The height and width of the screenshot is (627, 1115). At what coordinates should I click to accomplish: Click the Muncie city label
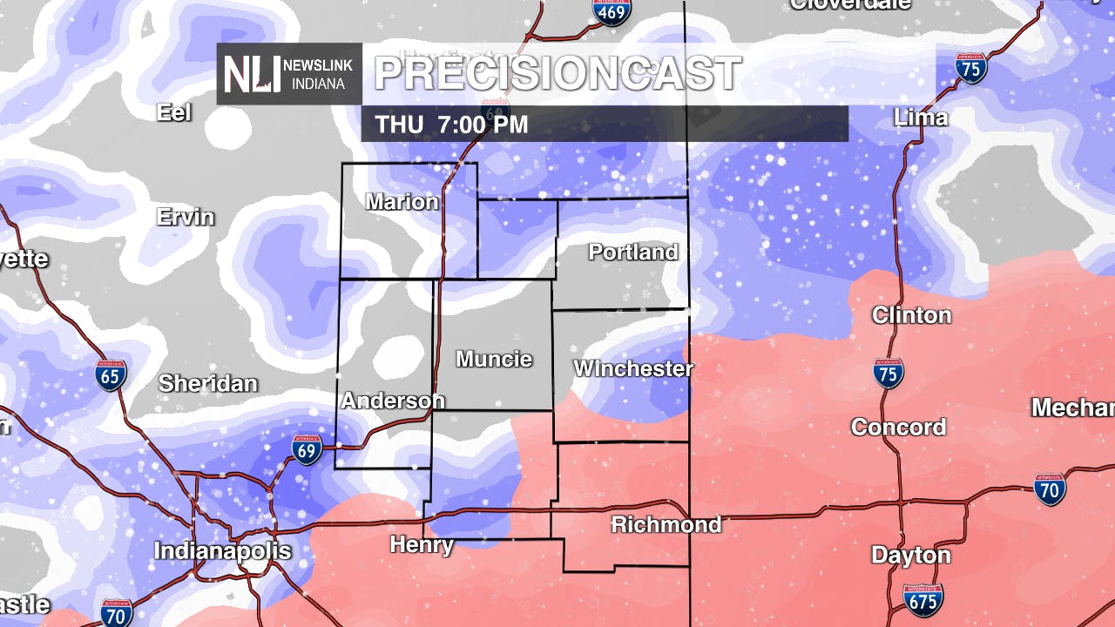(x=494, y=359)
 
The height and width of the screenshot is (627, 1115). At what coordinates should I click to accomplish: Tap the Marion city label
(x=402, y=202)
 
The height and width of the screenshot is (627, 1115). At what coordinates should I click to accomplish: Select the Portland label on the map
(x=632, y=252)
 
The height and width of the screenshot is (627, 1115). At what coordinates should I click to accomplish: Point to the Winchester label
(x=632, y=368)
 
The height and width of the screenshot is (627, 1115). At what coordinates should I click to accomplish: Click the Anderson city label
(x=392, y=401)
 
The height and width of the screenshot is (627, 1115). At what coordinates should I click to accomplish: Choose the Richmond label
(x=666, y=524)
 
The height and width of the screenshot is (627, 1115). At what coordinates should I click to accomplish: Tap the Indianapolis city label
(x=222, y=551)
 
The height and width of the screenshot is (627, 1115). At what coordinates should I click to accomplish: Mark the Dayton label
(x=910, y=555)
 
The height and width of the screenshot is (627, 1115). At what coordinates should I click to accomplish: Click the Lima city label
(x=920, y=117)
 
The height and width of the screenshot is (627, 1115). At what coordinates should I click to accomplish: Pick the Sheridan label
(x=207, y=383)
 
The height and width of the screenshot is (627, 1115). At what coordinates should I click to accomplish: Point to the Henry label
(x=421, y=545)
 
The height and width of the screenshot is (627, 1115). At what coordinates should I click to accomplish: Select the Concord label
(x=898, y=427)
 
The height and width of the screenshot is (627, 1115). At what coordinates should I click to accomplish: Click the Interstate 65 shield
(x=111, y=375)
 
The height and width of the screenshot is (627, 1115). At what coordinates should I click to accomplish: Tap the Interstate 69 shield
(x=307, y=448)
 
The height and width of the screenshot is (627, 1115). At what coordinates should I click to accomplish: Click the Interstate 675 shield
(x=922, y=600)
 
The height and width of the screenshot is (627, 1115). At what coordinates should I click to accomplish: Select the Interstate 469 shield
(x=612, y=10)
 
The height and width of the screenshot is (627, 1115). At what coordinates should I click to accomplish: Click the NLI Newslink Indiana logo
(x=288, y=74)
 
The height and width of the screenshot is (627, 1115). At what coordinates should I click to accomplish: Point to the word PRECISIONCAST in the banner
(x=557, y=74)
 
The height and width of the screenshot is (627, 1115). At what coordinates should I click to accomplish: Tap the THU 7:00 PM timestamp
(x=451, y=125)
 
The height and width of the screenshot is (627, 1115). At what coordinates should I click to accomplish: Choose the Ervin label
(x=185, y=217)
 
